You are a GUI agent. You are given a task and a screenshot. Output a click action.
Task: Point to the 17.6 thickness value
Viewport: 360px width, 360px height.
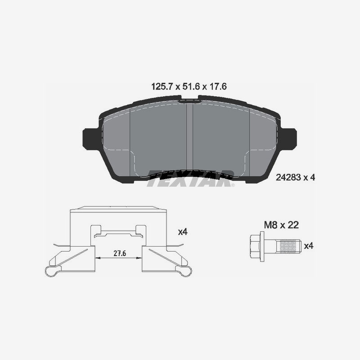pos(218,87)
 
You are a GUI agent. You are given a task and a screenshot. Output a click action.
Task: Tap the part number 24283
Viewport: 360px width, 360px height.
pos(288,177)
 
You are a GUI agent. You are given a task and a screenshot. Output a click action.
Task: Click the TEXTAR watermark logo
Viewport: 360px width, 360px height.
pos(190,178)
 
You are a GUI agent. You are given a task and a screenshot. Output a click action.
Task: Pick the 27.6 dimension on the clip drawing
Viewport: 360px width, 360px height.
pos(120,253)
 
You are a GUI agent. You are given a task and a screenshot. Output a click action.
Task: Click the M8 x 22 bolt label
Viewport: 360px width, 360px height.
pos(281,225)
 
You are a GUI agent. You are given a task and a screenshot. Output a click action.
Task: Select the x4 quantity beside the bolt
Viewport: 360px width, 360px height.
pos(309,246)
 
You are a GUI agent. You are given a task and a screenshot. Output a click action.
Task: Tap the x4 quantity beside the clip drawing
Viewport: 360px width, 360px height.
pos(183,232)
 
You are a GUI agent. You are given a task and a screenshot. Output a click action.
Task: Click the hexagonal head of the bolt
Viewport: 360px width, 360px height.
pos(255,246)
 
